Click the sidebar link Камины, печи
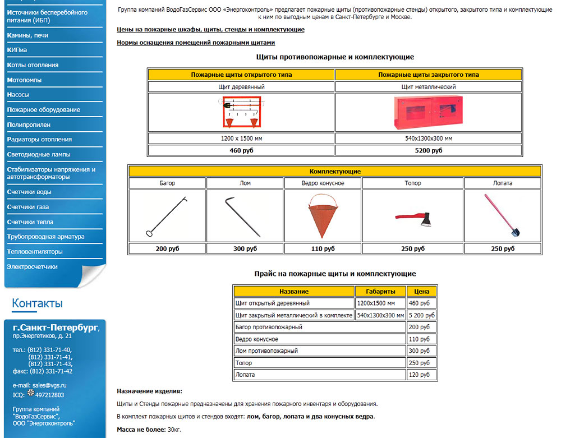tap(27, 35)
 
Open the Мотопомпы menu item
tap(24, 80)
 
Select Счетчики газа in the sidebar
tap(28, 207)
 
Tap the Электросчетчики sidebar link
tap(32, 267)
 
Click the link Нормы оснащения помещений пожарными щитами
tap(196, 43)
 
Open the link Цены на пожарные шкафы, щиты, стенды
tap(210, 29)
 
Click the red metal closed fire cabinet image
tap(428, 112)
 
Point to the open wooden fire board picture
tap(241, 112)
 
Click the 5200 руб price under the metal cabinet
tap(428, 150)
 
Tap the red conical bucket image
tap(323, 216)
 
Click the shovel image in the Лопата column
tap(502, 216)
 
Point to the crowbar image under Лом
tap(245, 216)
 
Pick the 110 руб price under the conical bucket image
tap(323, 248)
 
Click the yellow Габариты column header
tap(380, 292)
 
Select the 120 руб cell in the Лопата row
tap(421, 375)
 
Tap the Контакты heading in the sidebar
tap(37, 303)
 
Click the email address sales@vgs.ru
tap(49, 385)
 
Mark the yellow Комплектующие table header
tap(335, 171)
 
